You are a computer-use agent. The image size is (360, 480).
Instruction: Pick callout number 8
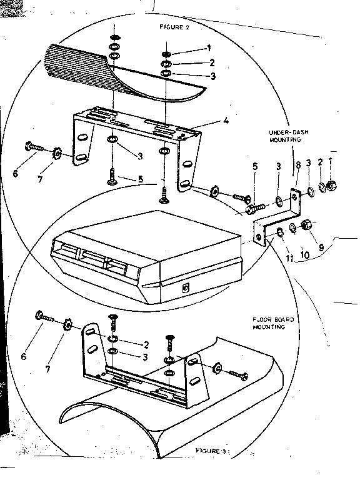point(297,165)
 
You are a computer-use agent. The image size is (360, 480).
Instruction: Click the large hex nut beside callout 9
point(307,224)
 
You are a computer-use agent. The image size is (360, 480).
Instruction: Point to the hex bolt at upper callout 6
point(32,147)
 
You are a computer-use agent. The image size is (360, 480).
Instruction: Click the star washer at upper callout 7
point(57,152)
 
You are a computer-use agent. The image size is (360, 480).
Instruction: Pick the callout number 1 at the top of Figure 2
point(209,48)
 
